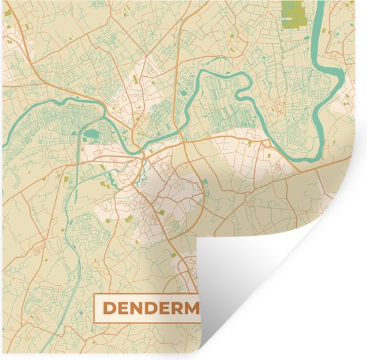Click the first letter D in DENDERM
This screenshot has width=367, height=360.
tap(109, 309)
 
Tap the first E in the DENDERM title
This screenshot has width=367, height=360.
tap(125, 309)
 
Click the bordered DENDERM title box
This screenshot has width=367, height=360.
tap(147, 308)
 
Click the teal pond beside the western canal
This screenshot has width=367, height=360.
tap(92, 134)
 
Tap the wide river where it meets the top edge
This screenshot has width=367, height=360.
tap(320, 7)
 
